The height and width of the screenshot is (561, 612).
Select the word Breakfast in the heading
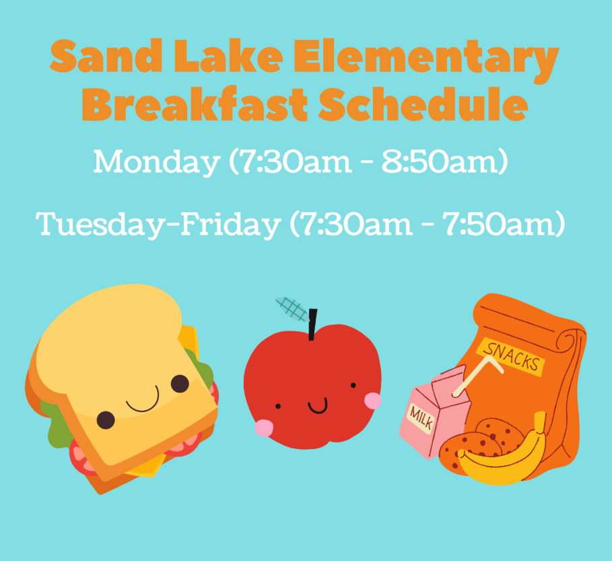coord(195,104)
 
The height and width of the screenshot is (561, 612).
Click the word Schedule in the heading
coord(423,104)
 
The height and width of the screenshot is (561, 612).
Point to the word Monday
coord(156,162)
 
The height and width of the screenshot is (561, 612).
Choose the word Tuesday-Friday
coord(158,224)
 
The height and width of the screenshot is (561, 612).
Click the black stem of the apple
coord(312,325)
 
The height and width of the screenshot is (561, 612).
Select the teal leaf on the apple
coord(292,309)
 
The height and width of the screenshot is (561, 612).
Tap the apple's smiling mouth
coord(317,406)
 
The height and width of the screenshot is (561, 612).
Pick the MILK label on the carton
coord(421,418)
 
